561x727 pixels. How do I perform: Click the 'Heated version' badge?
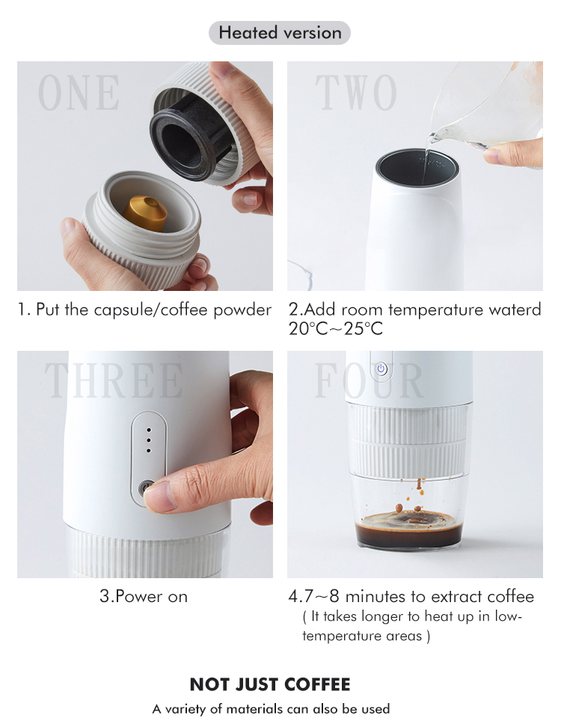280,33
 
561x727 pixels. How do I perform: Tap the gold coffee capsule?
146,212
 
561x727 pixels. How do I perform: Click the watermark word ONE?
79,93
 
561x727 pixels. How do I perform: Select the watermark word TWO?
356,93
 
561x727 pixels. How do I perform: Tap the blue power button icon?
381,369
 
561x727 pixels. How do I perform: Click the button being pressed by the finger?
144,488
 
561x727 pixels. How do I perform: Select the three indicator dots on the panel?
148,441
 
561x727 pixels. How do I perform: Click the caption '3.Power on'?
144,597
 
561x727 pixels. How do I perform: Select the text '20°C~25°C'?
335,328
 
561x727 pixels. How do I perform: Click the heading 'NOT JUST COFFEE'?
270,684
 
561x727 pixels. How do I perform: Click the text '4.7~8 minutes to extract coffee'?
411,597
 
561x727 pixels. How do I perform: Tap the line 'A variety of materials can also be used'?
271,708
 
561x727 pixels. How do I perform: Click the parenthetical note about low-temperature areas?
413,626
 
